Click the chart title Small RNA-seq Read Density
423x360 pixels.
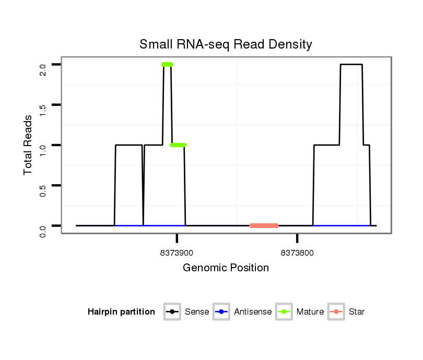[226, 44]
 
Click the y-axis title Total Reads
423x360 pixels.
[28, 145]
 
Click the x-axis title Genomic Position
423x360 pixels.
[226, 268]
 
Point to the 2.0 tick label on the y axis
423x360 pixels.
[43, 69]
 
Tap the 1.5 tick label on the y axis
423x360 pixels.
[43, 109]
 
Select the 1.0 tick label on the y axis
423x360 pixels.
[43, 149]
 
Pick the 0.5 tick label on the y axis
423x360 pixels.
[43, 190]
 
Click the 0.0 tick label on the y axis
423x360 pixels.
[43, 230]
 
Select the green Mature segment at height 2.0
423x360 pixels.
[167, 65]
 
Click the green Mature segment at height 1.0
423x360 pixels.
[178, 145]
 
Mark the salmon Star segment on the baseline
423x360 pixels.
[264, 226]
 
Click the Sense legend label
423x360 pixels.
[196, 312]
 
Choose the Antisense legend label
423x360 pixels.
[253, 312]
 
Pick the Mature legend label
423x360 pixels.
[310, 312]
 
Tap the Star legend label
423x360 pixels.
[357, 312]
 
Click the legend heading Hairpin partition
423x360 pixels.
[121, 312]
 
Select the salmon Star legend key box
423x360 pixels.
[337, 312]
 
